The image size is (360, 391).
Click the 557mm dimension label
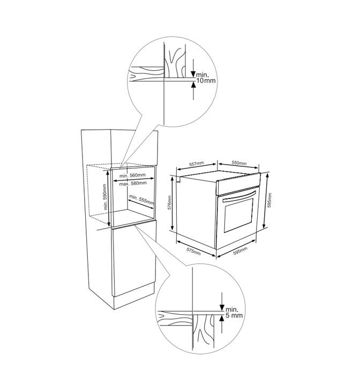196,164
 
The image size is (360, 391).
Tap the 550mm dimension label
239,163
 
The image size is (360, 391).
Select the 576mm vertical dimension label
169,202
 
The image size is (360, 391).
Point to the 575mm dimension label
193,252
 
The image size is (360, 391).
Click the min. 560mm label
132,175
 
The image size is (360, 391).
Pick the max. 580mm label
133,183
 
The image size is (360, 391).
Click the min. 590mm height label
105,197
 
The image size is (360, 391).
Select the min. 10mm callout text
206,78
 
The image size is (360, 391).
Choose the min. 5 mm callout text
234,313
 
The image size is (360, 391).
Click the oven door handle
239,196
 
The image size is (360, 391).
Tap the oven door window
238,215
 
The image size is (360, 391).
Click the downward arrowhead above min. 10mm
193,74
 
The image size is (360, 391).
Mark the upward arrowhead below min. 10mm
193,85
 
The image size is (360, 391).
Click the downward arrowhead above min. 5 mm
222,308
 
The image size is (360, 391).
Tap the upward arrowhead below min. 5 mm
222,318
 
